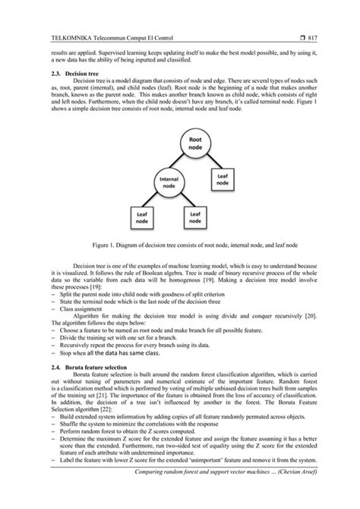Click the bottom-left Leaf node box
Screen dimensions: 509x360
coord(142,219)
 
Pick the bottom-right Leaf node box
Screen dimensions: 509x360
coord(195,219)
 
